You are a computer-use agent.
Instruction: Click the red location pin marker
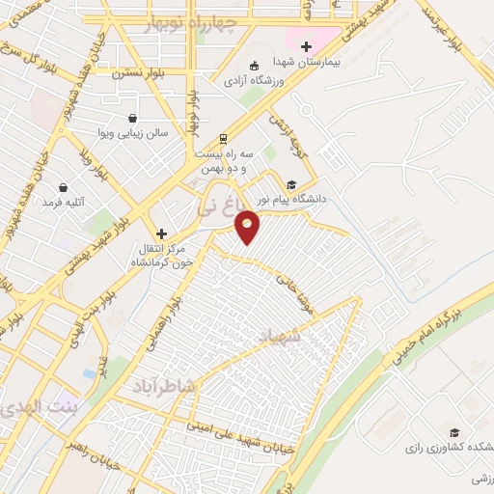(x=248, y=227)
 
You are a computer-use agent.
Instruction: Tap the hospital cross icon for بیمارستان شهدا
(x=307, y=45)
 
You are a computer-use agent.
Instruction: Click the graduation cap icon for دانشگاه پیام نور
(x=291, y=185)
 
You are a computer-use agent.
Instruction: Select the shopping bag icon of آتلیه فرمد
(x=64, y=186)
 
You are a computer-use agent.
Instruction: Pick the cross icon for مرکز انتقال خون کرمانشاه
(x=161, y=233)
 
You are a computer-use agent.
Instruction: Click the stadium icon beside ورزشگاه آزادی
(x=253, y=67)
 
